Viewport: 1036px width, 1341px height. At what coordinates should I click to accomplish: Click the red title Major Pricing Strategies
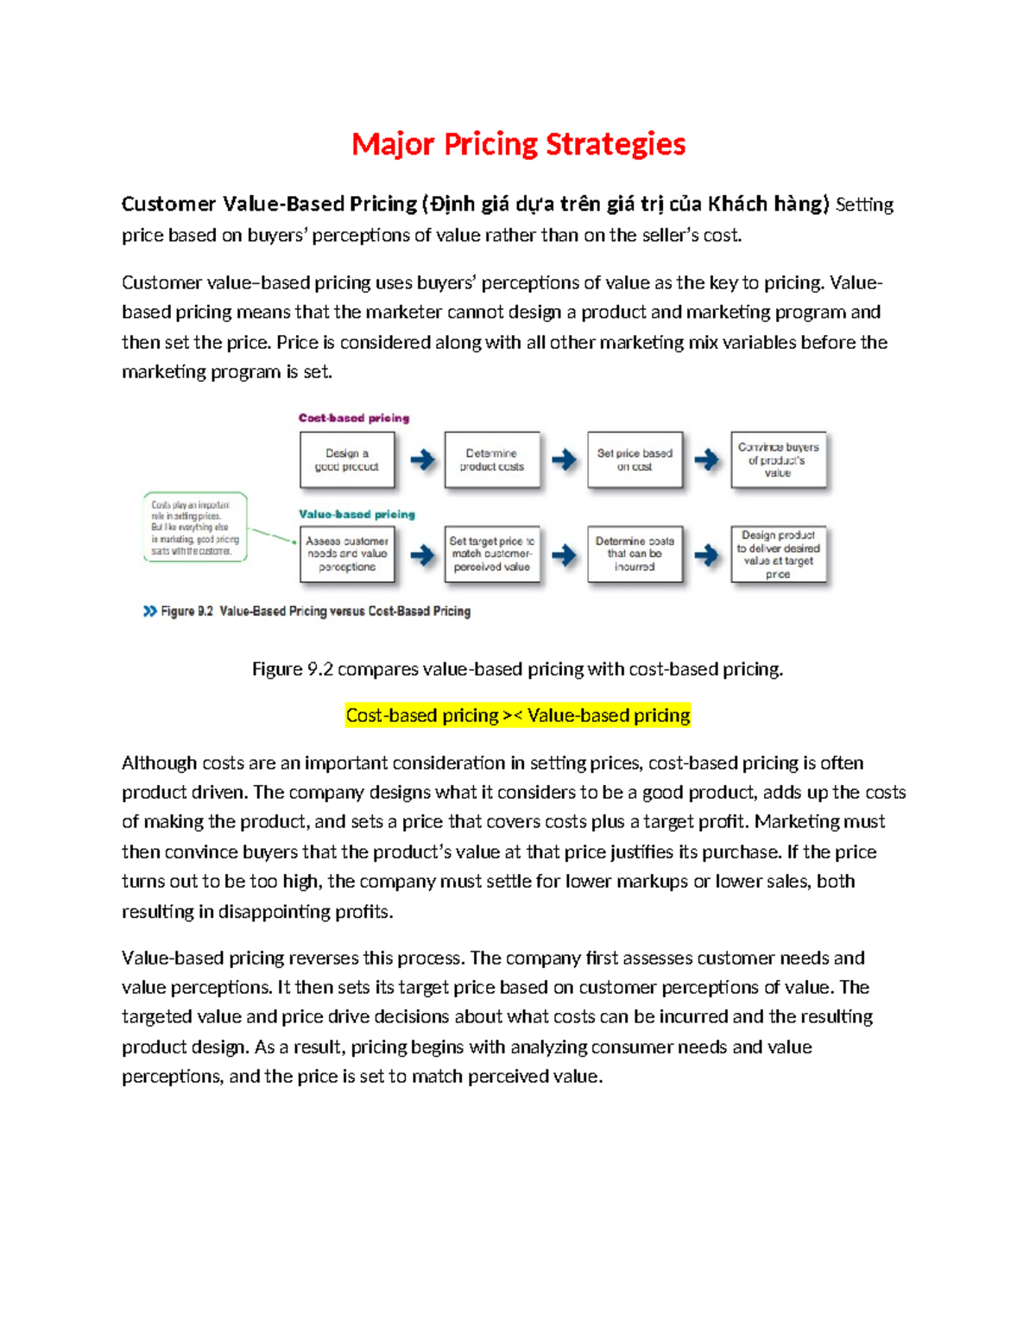tap(518, 144)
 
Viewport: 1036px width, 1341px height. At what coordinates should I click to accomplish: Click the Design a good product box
tap(347, 460)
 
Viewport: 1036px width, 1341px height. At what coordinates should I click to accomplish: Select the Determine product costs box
tap(491, 460)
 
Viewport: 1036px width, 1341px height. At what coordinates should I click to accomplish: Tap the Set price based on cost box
tap(635, 460)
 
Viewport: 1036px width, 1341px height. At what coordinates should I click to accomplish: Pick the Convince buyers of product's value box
tap(778, 460)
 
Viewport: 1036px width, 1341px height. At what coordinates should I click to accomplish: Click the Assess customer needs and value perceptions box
tap(347, 554)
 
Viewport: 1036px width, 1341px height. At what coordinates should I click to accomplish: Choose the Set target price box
tap(491, 554)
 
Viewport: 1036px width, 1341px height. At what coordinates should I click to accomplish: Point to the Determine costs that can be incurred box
tap(635, 554)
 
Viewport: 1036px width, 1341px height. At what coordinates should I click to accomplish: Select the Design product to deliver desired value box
tap(778, 554)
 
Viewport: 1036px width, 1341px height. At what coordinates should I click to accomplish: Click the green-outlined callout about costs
tap(195, 528)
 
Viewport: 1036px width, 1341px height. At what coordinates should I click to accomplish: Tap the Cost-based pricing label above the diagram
tap(354, 418)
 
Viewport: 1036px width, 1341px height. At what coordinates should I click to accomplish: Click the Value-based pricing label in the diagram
tap(357, 515)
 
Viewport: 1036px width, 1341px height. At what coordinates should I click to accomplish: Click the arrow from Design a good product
tap(422, 459)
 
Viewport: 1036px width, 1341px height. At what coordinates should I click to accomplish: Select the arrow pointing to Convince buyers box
tap(706, 459)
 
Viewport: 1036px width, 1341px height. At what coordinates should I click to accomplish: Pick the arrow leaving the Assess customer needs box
tap(422, 554)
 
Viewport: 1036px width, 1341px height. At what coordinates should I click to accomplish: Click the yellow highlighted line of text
tap(518, 716)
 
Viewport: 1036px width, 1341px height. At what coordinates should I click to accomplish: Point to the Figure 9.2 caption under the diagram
tap(315, 611)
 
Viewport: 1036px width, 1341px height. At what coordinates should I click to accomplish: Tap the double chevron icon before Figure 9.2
tap(150, 611)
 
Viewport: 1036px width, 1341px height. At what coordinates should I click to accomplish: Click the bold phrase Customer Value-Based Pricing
tap(269, 205)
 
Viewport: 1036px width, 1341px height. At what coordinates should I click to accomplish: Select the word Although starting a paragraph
tap(159, 763)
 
